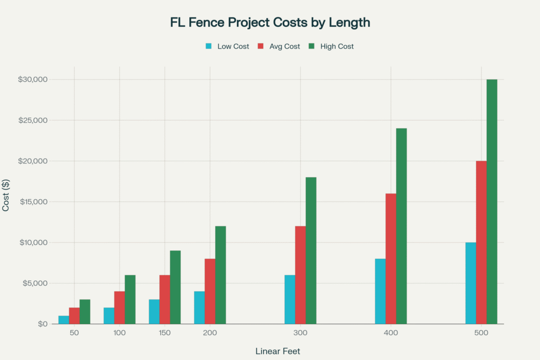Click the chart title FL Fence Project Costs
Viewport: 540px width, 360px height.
[x=270, y=23]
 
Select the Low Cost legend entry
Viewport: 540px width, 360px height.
[x=227, y=46]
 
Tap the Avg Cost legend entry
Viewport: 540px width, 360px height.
[x=279, y=46]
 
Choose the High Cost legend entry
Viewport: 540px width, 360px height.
[x=331, y=46]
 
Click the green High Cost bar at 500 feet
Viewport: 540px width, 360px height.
[x=492, y=201]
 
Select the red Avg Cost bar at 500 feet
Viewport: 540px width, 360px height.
[x=481, y=242]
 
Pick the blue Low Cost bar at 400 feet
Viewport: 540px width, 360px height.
[x=380, y=291]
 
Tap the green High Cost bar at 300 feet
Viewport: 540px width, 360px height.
[x=311, y=250]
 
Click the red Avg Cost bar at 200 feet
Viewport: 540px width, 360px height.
[x=210, y=291]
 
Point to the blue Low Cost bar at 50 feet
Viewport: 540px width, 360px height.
[x=64, y=319]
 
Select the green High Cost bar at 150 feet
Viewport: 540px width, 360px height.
[x=176, y=287]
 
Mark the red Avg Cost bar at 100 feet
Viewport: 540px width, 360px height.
[x=120, y=307]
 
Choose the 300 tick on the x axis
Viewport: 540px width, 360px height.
[x=301, y=334]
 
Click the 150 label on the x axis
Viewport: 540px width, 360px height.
[x=165, y=334]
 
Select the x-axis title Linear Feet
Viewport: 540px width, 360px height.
[x=278, y=351]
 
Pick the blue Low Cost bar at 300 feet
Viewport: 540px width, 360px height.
[x=290, y=299]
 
